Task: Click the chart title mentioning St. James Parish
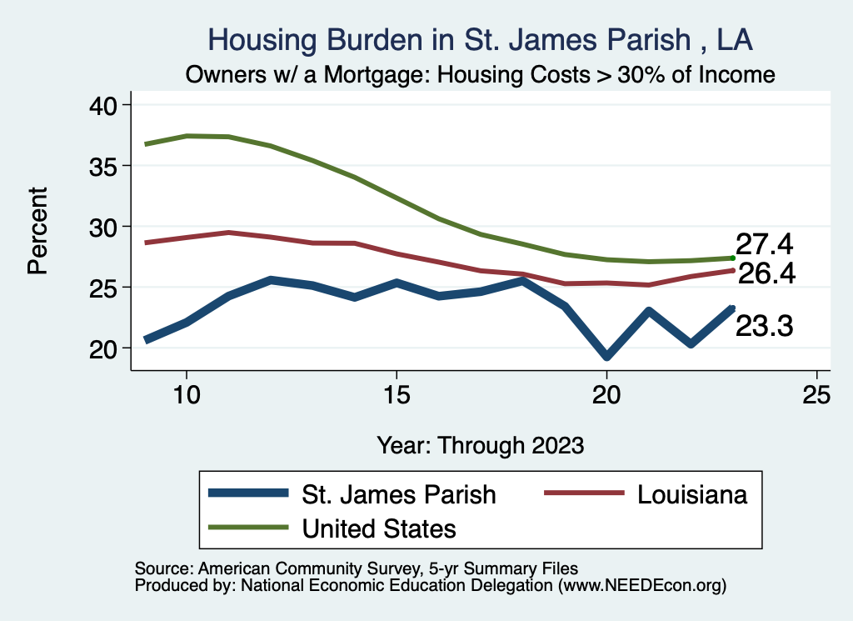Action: click(481, 40)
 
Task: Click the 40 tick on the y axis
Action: click(106, 105)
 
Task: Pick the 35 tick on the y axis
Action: click(106, 166)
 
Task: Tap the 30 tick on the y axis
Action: click(106, 227)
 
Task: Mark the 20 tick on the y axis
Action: click(106, 348)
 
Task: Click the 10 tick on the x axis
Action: click(187, 394)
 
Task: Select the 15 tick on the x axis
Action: click(397, 394)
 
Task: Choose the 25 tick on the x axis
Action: click(816, 394)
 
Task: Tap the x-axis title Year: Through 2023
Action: click(481, 444)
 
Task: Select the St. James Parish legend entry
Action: click(398, 494)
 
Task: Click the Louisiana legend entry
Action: click(692, 494)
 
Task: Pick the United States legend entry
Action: click(379, 528)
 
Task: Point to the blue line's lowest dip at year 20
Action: click(606, 356)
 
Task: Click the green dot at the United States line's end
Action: click(732, 258)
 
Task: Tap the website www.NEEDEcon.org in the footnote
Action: click(643, 586)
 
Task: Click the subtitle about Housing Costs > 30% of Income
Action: click(481, 75)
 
